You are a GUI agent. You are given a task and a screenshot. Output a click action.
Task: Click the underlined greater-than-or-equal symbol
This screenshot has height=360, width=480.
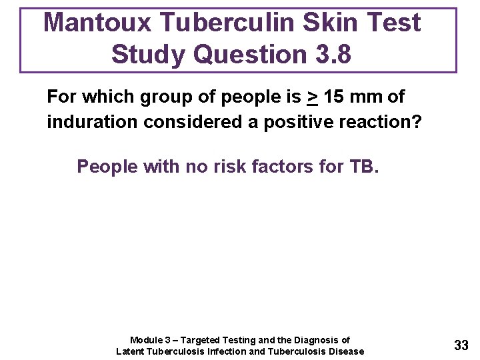pos(311,97)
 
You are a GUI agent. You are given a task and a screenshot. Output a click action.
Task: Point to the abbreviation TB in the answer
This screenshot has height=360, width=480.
pos(363,166)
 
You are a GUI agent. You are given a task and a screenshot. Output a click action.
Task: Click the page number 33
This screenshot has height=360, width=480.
pos(461,345)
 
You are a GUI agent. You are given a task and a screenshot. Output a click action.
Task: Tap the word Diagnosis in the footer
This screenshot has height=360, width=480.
pos(313,340)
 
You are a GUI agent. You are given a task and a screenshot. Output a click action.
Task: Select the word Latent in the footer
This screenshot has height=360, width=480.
pos(131,351)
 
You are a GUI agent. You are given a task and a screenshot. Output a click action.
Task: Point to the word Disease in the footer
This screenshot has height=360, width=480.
pos(346,351)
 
